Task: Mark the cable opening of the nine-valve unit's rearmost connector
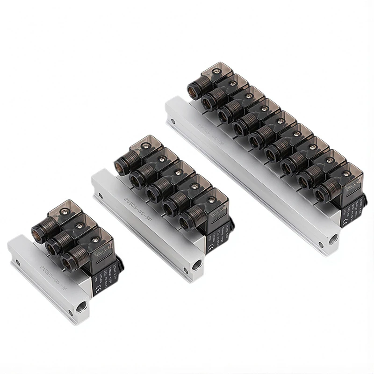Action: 194,89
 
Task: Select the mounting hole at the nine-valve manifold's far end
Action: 173,122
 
